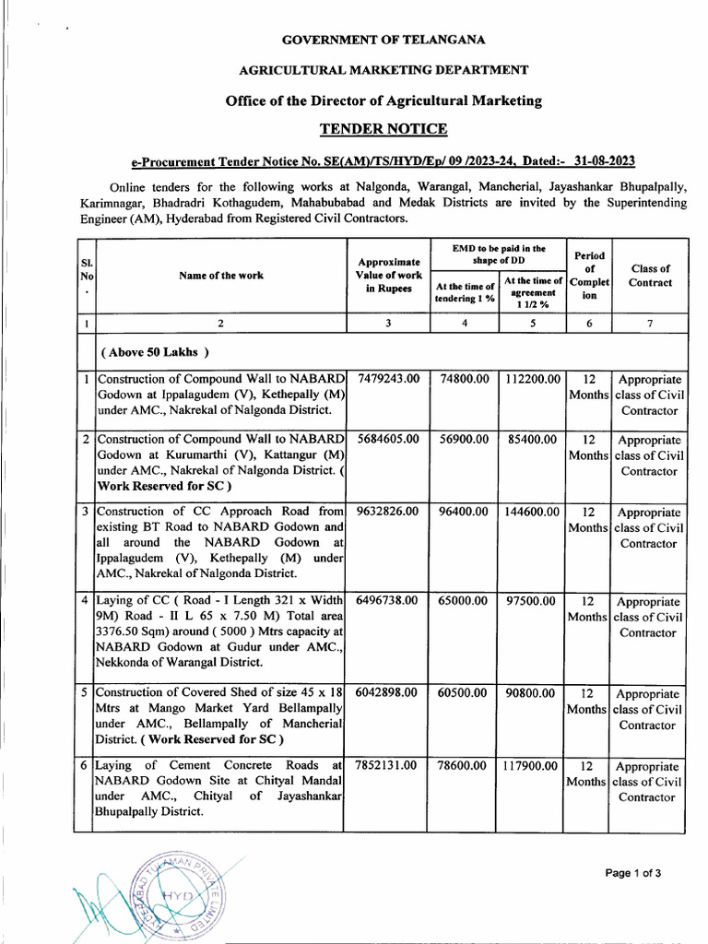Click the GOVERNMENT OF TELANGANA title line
(x=383, y=40)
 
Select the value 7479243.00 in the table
(x=387, y=379)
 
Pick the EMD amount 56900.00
(x=465, y=439)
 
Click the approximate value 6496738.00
(x=387, y=600)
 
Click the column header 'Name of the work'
(x=221, y=276)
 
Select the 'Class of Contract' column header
(x=650, y=276)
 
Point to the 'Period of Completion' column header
(x=589, y=276)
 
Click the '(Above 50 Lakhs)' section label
(x=156, y=352)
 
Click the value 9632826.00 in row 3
(x=387, y=512)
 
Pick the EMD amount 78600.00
(x=465, y=765)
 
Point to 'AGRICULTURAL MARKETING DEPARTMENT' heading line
(x=383, y=70)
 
